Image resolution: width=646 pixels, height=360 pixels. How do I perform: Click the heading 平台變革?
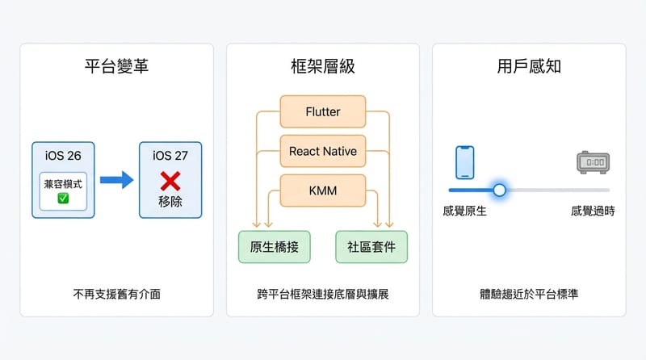pos(116,66)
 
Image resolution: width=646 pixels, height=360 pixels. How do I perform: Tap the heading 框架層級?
pos(322,66)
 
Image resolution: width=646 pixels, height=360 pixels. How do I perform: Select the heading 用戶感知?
pos(529,66)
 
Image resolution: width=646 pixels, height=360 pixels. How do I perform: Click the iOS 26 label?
pos(63,154)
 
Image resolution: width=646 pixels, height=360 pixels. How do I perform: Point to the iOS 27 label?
pos(170,154)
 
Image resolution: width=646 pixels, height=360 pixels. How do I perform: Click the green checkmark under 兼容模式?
pos(63,198)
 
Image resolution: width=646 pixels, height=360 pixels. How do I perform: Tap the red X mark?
pos(170,180)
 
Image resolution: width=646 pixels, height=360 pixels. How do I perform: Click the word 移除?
pos(170,201)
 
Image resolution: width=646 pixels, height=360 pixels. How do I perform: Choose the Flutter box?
pos(323,111)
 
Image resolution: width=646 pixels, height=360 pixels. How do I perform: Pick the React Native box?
pos(323,151)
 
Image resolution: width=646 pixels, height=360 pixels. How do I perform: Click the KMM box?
pos(323,190)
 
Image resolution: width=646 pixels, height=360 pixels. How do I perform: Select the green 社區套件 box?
pos(371,247)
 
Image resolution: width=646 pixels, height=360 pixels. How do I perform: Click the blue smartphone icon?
pos(464,162)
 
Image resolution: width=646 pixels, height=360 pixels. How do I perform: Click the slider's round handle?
pos(499,190)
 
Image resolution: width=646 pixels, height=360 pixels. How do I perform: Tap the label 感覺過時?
pos(592,211)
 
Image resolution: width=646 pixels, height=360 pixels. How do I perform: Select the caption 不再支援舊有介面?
pos(116,294)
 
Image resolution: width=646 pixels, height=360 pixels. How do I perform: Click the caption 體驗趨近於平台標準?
pos(529,294)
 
